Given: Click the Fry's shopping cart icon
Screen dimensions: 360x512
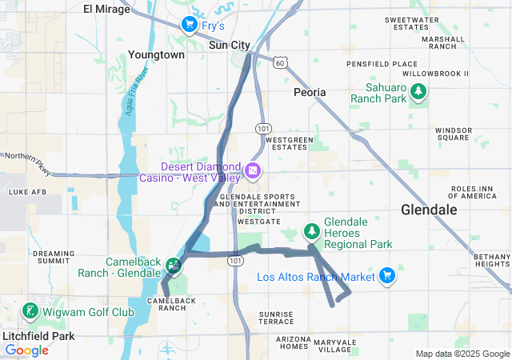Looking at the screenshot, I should click(190, 25).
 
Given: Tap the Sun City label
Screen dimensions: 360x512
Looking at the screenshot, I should click(230, 45).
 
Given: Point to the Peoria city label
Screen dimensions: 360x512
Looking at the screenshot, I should click(310, 92).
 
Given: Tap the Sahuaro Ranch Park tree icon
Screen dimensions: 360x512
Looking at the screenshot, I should click(418, 93).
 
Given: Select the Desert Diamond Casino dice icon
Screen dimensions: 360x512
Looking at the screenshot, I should click(252, 171).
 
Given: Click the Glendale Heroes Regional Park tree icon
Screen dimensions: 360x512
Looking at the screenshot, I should click(311, 232).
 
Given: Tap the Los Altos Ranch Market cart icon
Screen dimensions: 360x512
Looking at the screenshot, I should click(387, 276).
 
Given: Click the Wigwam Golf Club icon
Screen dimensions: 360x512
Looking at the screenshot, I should click(30, 311).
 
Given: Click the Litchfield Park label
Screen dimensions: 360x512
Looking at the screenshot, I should click(38, 336).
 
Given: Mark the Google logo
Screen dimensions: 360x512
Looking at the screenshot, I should click(26, 350).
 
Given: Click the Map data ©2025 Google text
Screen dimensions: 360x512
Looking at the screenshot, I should click(462, 354).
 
